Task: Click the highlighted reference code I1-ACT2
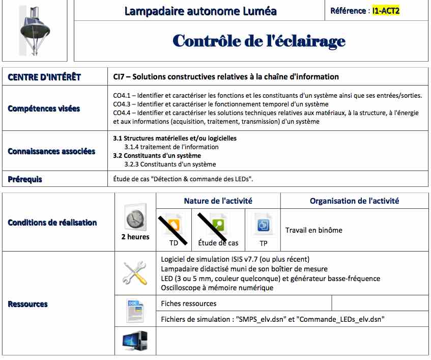coord(386,10)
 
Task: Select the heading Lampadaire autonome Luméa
coord(200,11)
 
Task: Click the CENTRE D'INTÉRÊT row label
coord(44,77)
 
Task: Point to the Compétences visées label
coord(44,108)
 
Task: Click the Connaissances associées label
coord(51,151)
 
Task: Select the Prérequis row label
coord(25,179)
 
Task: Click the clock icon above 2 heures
coord(135,219)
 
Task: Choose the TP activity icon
coord(263,225)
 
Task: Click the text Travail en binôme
coord(313,230)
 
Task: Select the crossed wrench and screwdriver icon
coord(135,273)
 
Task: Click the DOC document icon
coord(135,310)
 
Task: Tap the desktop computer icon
coord(135,341)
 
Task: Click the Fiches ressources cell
coord(188,303)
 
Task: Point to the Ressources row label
coord(28,304)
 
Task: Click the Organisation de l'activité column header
coord(354,201)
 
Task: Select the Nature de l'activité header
coord(218,201)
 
